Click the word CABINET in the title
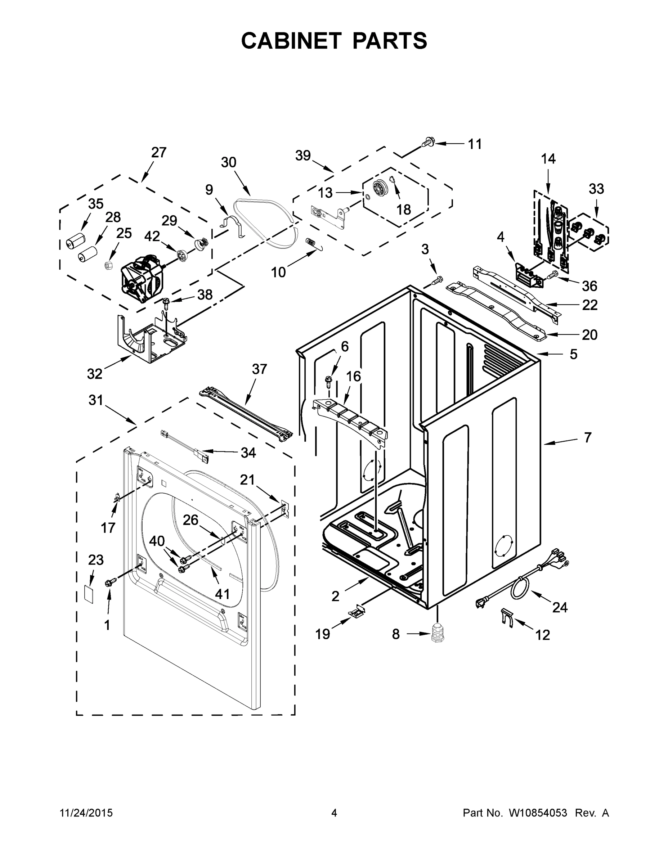tap(291, 41)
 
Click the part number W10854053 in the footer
tap(538, 813)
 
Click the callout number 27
tap(159, 152)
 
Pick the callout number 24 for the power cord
tap(560, 607)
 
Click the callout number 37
tap(259, 369)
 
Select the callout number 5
tap(573, 354)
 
